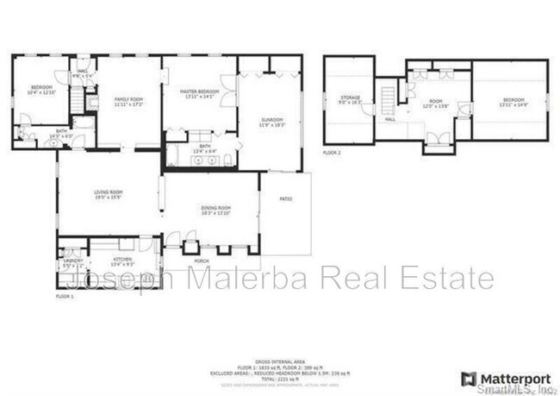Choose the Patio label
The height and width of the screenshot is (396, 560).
tap(285, 198)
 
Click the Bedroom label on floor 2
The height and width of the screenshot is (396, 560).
tap(511, 103)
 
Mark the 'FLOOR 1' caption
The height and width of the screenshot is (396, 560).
tap(65, 295)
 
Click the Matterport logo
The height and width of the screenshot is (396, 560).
tap(499, 378)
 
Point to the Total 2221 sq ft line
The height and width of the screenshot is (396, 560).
tap(279, 378)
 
